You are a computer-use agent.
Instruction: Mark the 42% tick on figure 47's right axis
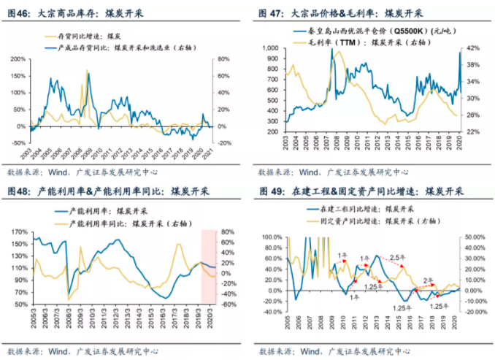[x=472, y=47]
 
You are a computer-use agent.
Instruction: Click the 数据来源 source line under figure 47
[x=321, y=172]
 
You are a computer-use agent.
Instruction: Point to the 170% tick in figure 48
[x=17, y=231]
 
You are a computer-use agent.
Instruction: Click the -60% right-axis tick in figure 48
[x=227, y=305]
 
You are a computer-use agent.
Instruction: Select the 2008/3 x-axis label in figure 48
[x=66, y=321]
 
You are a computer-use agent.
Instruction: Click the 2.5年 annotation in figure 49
[x=396, y=258]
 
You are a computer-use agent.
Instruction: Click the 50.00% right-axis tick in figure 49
[x=474, y=237]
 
